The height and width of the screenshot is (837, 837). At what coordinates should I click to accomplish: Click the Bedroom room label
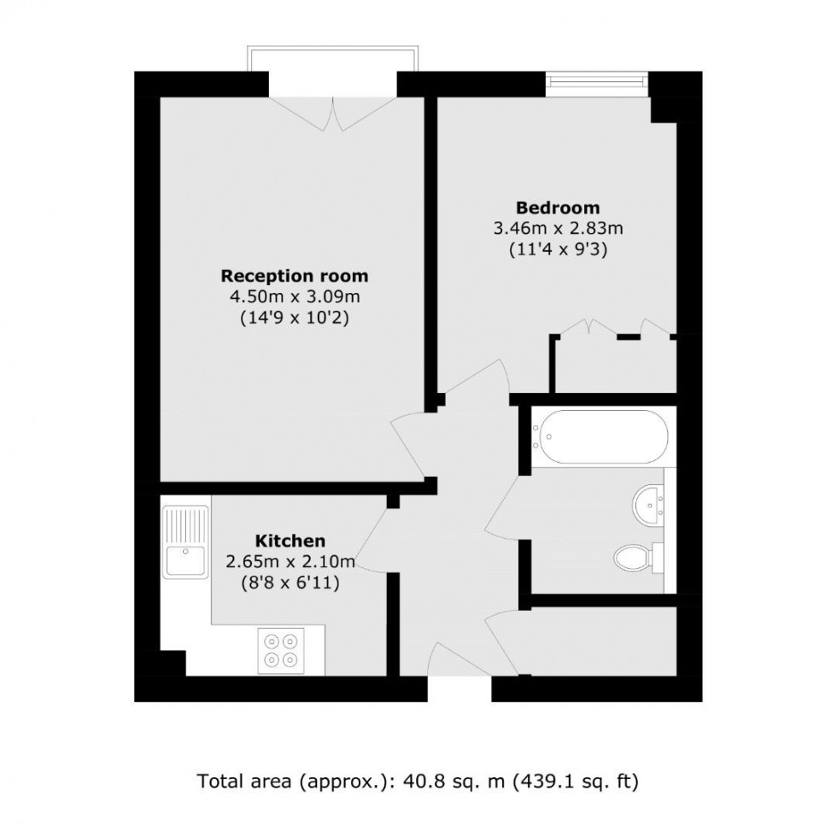tap(558, 208)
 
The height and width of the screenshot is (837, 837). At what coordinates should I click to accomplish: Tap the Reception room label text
tap(295, 276)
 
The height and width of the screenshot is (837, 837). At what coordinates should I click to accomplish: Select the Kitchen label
tap(290, 541)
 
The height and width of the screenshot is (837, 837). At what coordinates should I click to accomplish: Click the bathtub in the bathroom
tap(600, 436)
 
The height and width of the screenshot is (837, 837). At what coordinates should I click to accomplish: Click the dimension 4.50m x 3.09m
tap(295, 297)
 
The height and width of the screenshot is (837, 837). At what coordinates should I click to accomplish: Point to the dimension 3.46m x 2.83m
tap(558, 229)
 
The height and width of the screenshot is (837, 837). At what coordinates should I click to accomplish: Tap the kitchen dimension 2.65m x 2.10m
tap(290, 562)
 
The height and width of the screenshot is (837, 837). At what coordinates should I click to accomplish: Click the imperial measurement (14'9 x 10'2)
tap(295, 319)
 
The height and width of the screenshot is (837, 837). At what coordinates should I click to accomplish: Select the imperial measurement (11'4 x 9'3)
tap(558, 250)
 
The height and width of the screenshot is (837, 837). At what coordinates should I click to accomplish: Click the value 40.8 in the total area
tap(400, 780)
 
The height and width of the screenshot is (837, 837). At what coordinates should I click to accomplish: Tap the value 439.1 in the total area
tap(542, 780)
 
